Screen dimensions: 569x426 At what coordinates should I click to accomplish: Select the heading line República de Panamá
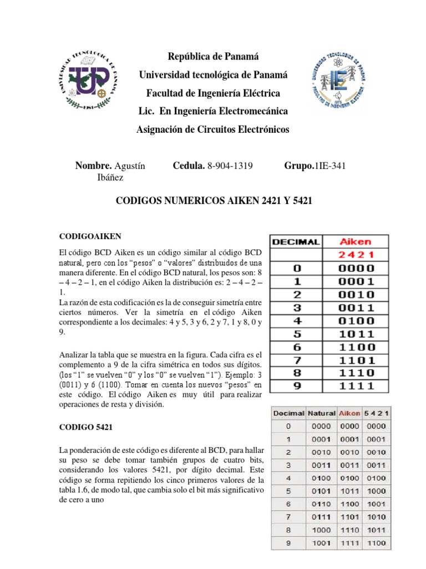(214, 57)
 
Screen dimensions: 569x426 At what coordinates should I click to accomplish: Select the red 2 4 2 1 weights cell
(357, 255)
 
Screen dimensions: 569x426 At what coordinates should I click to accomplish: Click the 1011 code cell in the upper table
(357, 335)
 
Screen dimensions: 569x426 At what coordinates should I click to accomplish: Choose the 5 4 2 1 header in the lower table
(376, 413)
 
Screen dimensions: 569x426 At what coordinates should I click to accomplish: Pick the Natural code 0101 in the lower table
(322, 491)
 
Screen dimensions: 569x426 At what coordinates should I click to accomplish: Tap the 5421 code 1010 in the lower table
(376, 517)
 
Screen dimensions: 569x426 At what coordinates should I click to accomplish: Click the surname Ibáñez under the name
(110, 177)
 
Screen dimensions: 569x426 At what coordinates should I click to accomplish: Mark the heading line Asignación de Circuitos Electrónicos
(214, 129)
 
